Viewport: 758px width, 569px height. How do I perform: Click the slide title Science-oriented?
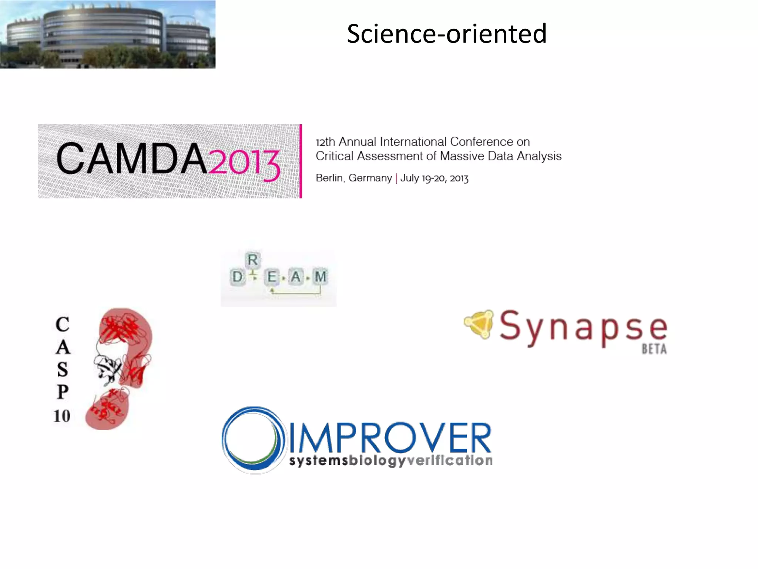(x=446, y=34)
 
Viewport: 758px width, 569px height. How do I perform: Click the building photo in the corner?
(x=107, y=34)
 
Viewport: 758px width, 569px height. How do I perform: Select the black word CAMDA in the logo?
(x=131, y=159)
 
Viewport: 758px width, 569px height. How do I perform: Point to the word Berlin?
(x=330, y=178)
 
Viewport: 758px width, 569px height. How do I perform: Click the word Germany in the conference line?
(x=370, y=178)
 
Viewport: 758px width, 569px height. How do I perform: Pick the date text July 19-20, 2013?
(x=435, y=179)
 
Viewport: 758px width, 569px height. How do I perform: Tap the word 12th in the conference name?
(x=325, y=142)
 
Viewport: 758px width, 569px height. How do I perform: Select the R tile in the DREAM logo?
(x=253, y=260)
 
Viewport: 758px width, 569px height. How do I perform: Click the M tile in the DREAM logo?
(x=320, y=277)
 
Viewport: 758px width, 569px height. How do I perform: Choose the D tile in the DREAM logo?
(x=237, y=277)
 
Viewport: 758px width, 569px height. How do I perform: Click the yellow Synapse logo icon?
(x=480, y=324)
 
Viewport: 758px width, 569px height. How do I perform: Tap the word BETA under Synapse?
(x=654, y=349)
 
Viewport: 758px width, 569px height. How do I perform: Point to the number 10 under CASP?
(x=62, y=416)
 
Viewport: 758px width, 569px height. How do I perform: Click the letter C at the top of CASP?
(x=63, y=325)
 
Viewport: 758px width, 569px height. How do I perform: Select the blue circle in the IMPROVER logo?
(x=254, y=440)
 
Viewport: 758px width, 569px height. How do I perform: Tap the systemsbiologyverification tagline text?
(x=391, y=461)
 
